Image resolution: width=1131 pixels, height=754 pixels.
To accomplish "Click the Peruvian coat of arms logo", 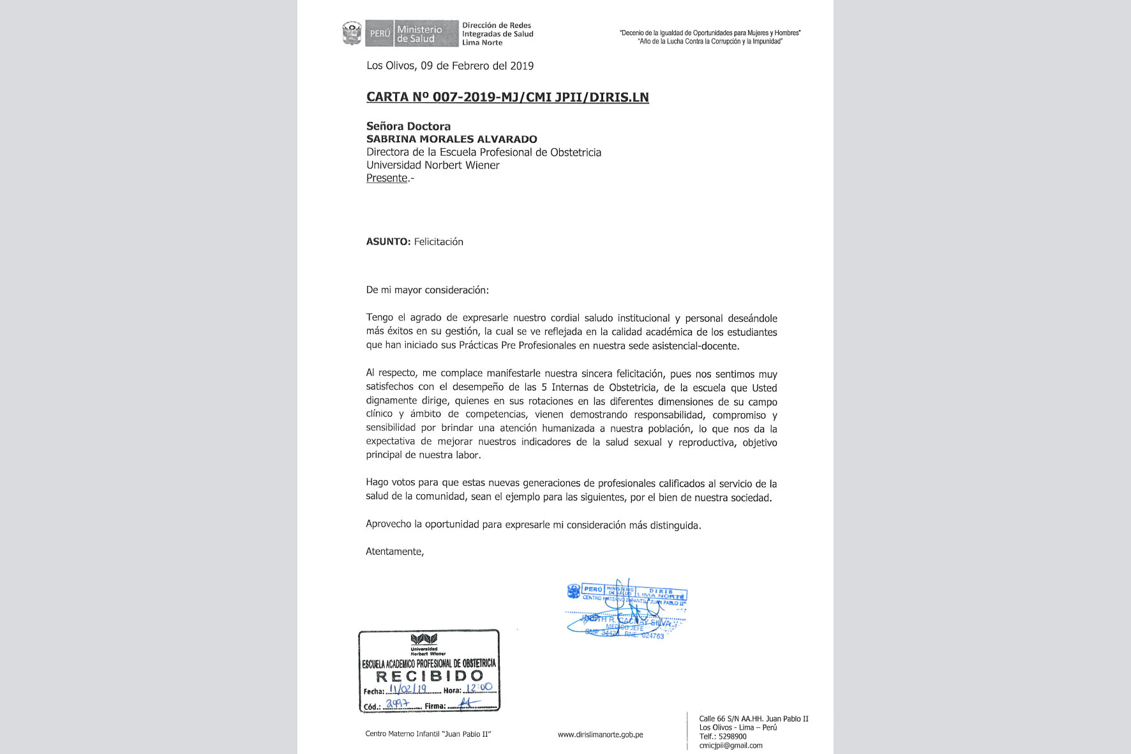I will pyautogui.click(x=352, y=33).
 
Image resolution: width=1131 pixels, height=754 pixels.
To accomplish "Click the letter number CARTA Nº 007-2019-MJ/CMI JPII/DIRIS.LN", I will pyautogui.click(x=507, y=97).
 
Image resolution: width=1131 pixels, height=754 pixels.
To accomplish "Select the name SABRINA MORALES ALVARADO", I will pyautogui.click(x=451, y=139).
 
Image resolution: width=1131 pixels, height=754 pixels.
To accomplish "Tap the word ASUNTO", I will pyautogui.click(x=388, y=242).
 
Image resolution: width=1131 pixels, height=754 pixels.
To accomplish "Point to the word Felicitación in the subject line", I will pyautogui.click(x=438, y=242).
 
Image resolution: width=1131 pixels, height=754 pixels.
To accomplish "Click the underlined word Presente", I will pyautogui.click(x=387, y=178).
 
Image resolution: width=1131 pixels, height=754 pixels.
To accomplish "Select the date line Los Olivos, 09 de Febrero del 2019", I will pyautogui.click(x=450, y=66).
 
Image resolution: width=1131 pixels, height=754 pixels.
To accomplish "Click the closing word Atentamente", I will pyautogui.click(x=394, y=552).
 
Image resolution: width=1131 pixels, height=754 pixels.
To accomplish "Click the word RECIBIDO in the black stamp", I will pyautogui.click(x=430, y=676).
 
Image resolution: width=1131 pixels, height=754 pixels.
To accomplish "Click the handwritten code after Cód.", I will pyautogui.click(x=397, y=704).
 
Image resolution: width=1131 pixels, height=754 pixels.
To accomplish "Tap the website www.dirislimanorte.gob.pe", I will pyautogui.click(x=600, y=735).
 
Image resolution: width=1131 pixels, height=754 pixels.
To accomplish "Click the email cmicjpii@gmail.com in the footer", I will pyautogui.click(x=730, y=746).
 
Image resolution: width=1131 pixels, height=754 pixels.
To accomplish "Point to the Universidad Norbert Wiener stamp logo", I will pyautogui.click(x=424, y=639).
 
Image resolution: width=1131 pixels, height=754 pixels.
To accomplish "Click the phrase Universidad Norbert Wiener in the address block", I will pyautogui.click(x=433, y=165).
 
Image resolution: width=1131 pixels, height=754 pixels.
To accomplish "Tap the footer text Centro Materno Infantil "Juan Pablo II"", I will pyautogui.click(x=428, y=734).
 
